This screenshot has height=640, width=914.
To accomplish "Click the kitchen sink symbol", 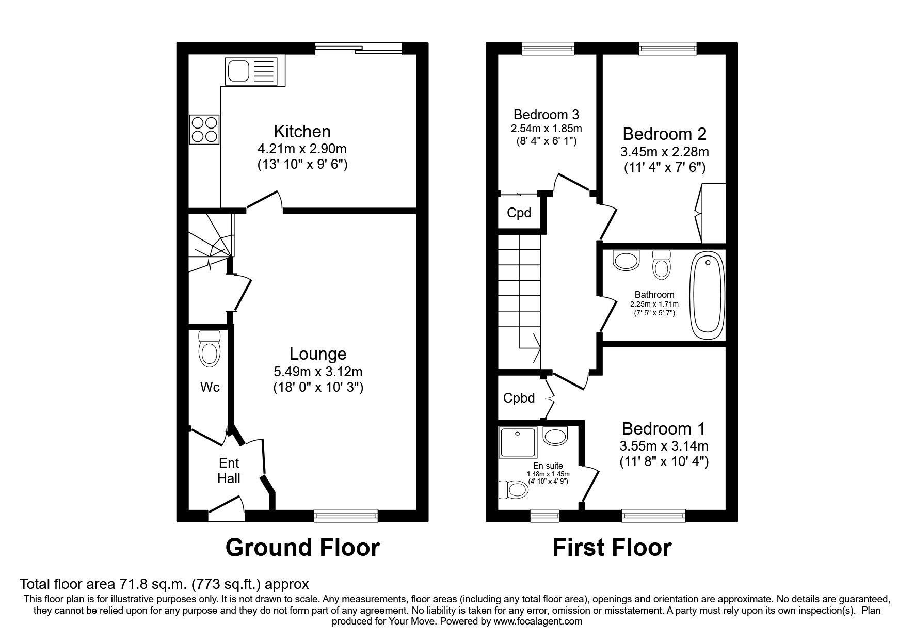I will click(251, 71).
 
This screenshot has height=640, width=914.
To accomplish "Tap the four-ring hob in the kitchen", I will click(204, 129).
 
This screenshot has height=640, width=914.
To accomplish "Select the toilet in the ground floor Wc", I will click(209, 349).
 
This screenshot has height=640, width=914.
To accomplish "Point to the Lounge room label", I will click(318, 354).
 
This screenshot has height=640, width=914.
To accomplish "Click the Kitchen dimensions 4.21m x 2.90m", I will click(302, 149).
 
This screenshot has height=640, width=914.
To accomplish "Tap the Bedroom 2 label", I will click(664, 134).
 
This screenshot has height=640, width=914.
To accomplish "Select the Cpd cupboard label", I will click(519, 213).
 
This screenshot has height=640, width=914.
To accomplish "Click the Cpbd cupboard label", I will click(519, 398).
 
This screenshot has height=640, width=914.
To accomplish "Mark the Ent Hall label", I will click(229, 470).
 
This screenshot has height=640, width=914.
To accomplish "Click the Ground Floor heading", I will click(302, 548).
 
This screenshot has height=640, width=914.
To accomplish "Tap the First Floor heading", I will click(612, 548).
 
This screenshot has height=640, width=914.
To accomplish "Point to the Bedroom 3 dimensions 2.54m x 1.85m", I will click(546, 129).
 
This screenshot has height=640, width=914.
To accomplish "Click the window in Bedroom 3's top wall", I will click(548, 49).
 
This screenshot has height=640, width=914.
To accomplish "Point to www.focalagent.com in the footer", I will click(538, 621).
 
